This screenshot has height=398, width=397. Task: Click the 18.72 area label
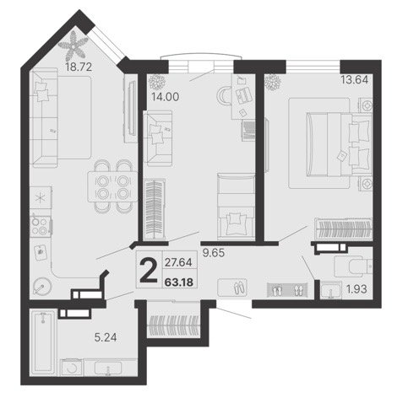[79, 67]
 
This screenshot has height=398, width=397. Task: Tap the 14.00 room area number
[166, 97]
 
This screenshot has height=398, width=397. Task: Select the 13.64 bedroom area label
[355, 80]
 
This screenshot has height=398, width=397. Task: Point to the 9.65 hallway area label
[214, 253]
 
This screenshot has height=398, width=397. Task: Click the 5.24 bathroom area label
[106, 337]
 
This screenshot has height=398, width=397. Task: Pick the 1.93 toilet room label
[356, 289]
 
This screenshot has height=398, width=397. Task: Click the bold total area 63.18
[179, 282]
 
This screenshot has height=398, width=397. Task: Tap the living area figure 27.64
[178, 262]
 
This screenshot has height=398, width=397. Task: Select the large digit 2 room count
[148, 271]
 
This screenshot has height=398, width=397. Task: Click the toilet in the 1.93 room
[353, 266]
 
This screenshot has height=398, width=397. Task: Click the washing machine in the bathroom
[72, 368]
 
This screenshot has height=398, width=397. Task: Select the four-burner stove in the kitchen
[41, 226]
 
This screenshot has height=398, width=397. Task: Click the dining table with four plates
[112, 186]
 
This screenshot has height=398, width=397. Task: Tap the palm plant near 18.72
[73, 46]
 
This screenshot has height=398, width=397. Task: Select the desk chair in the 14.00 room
[224, 95]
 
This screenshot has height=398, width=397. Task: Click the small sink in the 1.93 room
[331, 289]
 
